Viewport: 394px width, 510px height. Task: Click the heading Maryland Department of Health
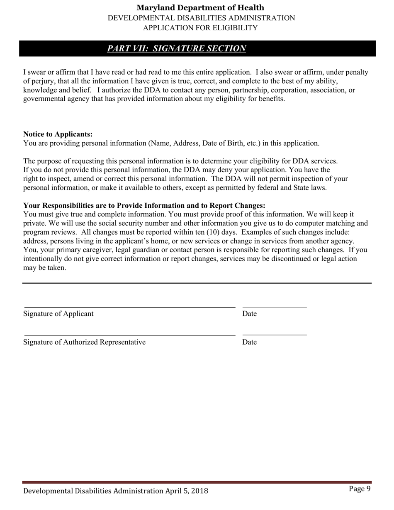pos(200,7)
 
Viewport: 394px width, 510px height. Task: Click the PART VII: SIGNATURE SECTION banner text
pos(177,49)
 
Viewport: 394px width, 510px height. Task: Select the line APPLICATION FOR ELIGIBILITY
pos(200,28)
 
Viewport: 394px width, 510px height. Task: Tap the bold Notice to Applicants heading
pos(58,134)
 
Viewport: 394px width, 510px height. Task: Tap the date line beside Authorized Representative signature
pos(275,335)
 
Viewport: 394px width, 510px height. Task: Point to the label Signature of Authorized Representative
pos(84,342)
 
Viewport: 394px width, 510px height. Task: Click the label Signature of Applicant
pos(58,313)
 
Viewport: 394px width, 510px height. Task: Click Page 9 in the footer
pos(360,489)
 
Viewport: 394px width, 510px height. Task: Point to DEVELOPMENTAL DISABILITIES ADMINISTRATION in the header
pos(201,18)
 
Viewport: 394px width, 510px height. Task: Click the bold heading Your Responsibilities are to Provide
pos(144,206)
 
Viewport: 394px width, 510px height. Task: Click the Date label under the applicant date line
pos(249,314)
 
